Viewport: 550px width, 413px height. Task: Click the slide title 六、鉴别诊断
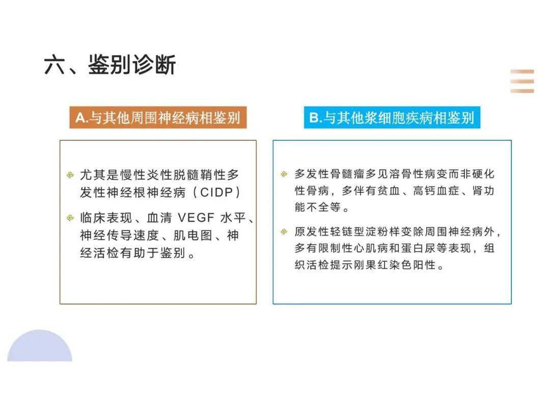110,66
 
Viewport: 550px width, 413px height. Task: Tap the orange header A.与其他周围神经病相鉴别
158,118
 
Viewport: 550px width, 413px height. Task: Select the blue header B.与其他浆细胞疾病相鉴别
392,118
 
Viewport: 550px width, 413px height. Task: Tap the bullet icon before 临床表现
70,219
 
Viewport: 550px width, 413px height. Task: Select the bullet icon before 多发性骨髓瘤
284,174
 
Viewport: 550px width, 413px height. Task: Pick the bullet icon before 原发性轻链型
284,232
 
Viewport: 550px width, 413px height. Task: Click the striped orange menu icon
522,81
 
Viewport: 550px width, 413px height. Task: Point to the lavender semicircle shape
40,347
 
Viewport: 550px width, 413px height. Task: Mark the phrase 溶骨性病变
413,174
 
